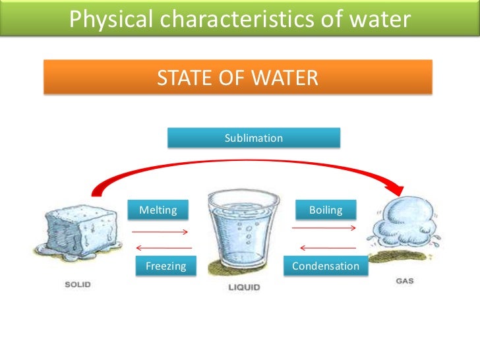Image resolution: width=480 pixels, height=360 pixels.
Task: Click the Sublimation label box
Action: [254, 138]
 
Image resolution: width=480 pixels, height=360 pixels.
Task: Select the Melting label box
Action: [158, 210]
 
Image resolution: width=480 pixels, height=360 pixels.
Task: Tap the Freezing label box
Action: [165, 266]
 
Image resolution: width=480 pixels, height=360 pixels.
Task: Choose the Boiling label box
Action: [326, 210]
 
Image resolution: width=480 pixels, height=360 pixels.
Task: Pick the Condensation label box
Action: [326, 266]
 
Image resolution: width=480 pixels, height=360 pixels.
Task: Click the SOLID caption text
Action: [77, 285]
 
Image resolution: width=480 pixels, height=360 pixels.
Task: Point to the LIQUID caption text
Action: [244, 287]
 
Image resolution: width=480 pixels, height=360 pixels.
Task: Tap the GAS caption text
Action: [405, 281]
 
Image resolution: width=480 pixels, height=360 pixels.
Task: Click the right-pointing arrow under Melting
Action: [161, 232]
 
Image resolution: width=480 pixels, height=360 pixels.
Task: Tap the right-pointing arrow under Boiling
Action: [324, 228]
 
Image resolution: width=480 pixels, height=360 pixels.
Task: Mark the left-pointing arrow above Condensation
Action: [323, 248]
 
